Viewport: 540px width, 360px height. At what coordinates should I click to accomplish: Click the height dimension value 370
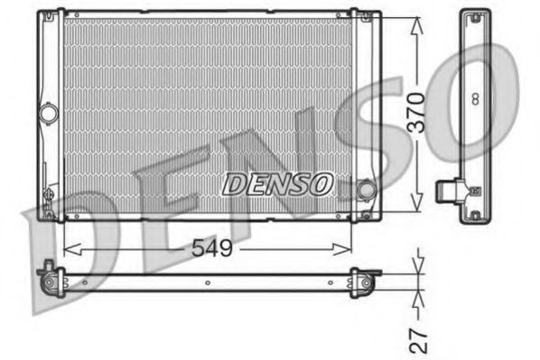click(x=415, y=114)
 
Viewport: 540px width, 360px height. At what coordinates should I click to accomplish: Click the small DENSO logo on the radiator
click(x=278, y=185)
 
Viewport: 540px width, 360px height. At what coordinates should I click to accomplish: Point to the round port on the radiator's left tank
click(x=48, y=115)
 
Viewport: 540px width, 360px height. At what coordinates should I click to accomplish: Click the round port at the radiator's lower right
click(x=366, y=190)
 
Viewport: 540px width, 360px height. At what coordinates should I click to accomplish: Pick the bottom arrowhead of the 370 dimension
click(x=415, y=205)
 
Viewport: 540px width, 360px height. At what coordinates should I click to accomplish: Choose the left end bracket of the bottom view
click(x=50, y=274)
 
